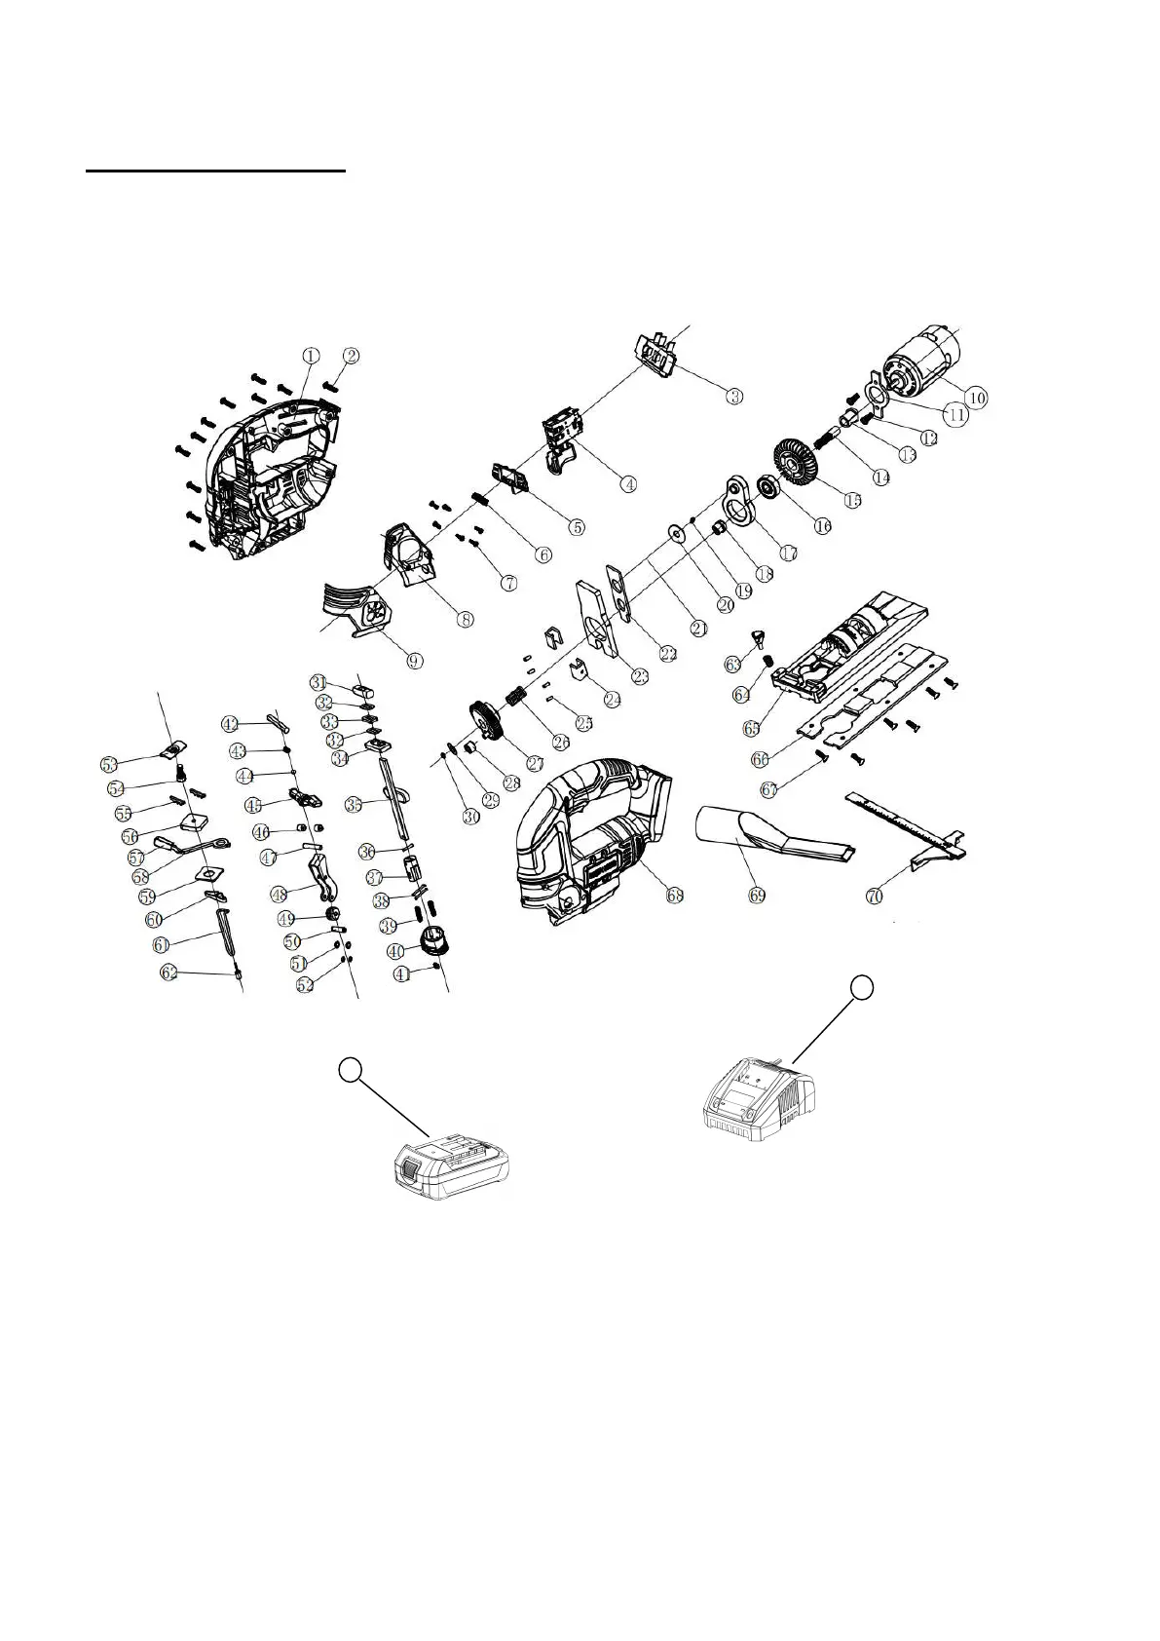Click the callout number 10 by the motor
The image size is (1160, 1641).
click(976, 397)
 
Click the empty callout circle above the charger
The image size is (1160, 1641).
click(860, 988)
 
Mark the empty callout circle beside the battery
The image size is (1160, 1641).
click(351, 1070)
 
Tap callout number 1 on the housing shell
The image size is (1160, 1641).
click(309, 356)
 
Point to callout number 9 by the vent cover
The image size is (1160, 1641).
click(415, 660)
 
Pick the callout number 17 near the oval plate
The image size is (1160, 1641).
click(788, 551)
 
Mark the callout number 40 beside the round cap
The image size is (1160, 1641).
click(394, 950)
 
